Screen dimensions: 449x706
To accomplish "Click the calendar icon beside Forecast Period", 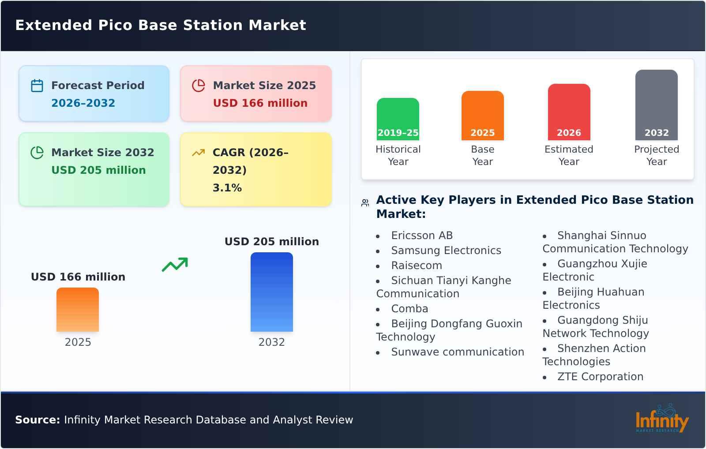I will [x=37, y=86].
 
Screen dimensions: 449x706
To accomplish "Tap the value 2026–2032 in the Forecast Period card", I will [x=83, y=103].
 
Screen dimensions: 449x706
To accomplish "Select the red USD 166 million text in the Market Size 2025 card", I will [x=260, y=103].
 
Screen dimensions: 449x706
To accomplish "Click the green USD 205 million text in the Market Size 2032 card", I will [x=98, y=170].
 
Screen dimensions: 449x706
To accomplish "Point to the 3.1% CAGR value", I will [x=227, y=188].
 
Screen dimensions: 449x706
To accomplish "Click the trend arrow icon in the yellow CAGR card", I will [x=198, y=153].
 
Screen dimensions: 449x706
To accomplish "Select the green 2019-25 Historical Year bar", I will [x=398, y=119].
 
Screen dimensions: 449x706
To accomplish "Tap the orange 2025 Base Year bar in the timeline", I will [x=482, y=116].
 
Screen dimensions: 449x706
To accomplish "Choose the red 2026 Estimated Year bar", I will [x=569, y=112].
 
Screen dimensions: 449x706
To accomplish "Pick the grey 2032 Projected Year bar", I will [x=656, y=105].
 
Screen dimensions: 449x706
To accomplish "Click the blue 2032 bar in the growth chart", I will [x=271, y=292].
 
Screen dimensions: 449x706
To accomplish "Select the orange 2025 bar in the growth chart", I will [x=78, y=310].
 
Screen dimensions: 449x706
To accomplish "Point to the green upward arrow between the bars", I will [x=175, y=265].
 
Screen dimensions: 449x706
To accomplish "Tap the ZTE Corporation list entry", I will [x=600, y=377].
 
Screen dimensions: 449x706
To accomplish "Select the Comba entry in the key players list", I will [x=409, y=309].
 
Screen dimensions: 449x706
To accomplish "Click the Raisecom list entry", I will [x=416, y=266].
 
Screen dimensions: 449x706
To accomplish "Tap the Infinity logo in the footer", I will [x=661, y=419].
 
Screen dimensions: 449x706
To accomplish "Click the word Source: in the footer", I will [x=38, y=420].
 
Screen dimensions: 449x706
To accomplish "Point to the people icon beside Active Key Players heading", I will [x=365, y=203].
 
